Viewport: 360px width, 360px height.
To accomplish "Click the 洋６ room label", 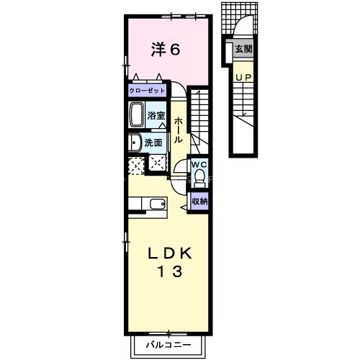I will [165, 49].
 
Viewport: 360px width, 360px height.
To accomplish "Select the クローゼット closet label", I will [147, 91].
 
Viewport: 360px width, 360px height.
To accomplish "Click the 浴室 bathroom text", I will [156, 115].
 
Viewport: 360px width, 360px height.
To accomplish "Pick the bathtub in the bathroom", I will [137, 114].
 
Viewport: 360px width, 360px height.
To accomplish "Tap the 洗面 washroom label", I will [153, 143].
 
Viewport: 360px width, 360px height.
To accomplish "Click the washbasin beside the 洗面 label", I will [135, 143].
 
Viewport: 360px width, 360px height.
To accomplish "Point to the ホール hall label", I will [178, 129].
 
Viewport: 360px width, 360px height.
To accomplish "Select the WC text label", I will [199, 163].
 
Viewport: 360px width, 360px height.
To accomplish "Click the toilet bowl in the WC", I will [200, 177].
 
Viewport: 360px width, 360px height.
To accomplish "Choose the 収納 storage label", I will [199, 202].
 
